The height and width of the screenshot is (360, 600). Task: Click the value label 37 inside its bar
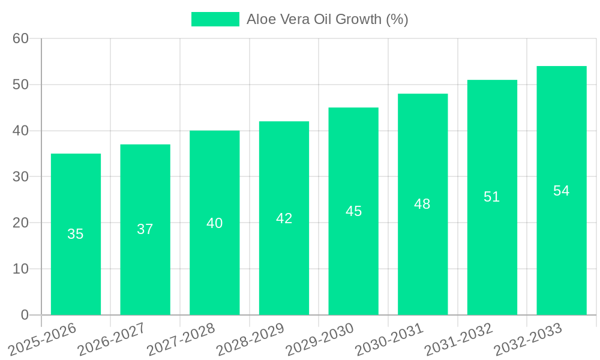pos(145,229)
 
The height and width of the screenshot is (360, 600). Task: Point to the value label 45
pos(353,211)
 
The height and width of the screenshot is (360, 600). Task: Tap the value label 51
pos(491,197)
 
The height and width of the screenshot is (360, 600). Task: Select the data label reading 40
pos(214,223)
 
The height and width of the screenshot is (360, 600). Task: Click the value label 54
pos(561,191)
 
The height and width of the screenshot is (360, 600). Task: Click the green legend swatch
pos(215,19)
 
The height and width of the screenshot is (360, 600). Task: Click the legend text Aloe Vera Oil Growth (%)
pos(327,19)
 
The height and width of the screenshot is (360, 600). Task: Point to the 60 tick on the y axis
pos(21,38)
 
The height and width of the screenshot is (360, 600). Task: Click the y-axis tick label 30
pos(21,177)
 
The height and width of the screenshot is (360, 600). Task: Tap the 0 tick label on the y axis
pos(25,315)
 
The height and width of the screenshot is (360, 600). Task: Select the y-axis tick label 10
pos(21,269)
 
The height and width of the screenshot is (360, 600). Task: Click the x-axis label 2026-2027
pos(111,339)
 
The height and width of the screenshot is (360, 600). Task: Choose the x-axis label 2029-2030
pos(319,339)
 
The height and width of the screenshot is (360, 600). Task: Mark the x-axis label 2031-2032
pos(458,339)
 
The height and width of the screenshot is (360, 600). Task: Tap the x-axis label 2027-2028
pos(181,339)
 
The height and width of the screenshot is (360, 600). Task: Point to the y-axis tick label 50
pos(21,85)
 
